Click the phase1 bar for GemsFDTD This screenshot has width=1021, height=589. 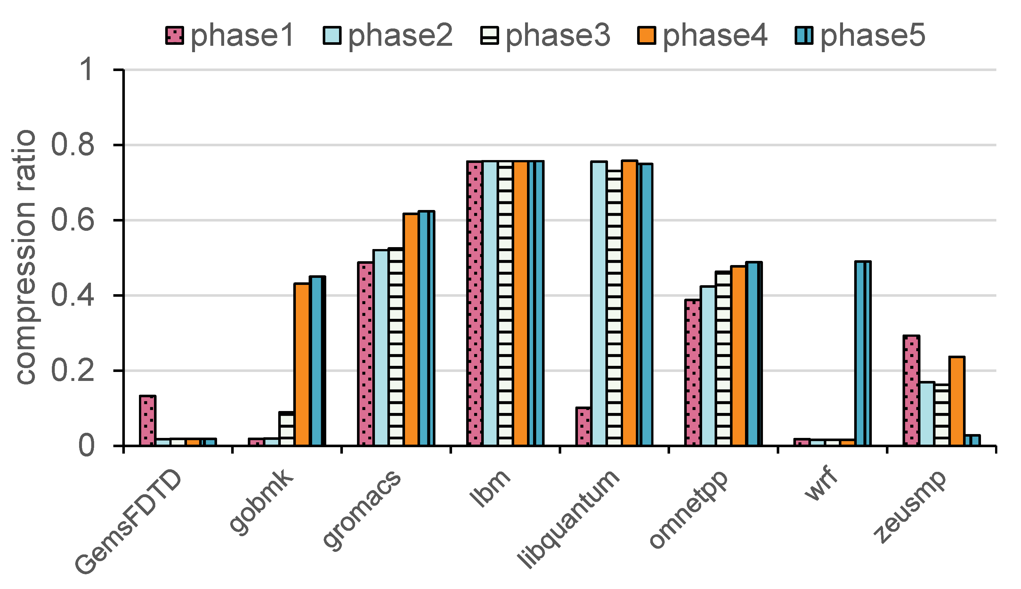click(x=148, y=421)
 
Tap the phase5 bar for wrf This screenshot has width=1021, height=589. click(x=863, y=354)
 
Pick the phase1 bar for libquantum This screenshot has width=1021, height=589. click(x=583, y=426)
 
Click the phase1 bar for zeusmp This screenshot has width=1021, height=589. click(x=911, y=391)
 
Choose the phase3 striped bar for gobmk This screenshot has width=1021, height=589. click(x=287, y=429)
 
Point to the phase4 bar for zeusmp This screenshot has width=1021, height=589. click(x=957, y=401)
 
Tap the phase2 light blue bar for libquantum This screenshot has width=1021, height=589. click(x=599, y=303)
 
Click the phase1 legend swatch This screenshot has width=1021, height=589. click(x=175, y=35)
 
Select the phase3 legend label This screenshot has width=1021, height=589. click(x=557, y=35)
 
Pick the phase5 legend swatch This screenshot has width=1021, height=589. click(x=804, y=35)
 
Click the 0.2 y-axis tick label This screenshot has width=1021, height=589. click(x=73, y=371)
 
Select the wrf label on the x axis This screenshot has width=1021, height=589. click(x=821, y=484)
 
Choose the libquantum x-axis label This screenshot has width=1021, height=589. click(x=569, y=520)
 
